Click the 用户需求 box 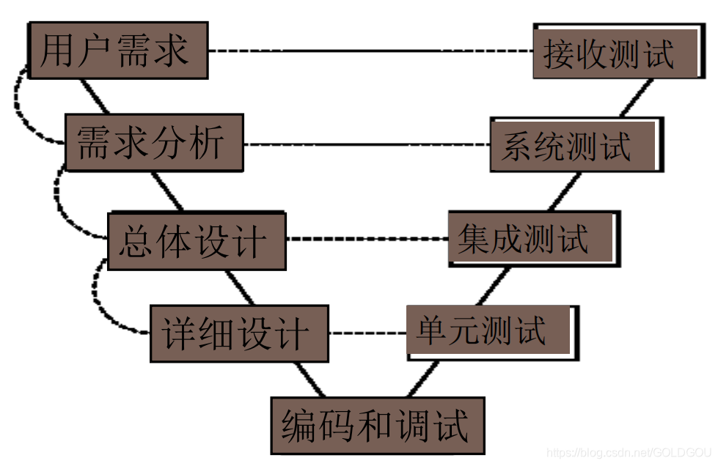117,51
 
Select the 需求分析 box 153,142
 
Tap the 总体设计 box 196,241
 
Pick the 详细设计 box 239,333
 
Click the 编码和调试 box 377,425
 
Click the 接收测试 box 615,53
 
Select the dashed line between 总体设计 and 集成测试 367,240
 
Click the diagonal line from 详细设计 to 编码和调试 309,380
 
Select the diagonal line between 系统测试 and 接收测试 634,97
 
